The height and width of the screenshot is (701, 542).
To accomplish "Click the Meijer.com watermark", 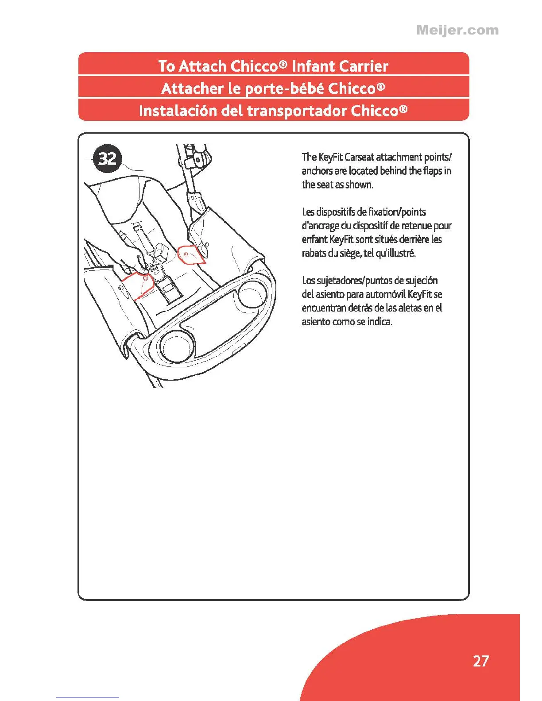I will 457,30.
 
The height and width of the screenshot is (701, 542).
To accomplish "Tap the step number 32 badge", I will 107,158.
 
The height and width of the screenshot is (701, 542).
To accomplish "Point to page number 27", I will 480,661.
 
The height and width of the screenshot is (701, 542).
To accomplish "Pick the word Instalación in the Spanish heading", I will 178,111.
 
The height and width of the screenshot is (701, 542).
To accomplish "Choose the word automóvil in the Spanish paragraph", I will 383,294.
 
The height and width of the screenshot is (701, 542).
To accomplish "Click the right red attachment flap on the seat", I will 191,254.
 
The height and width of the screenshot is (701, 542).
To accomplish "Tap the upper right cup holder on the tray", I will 252,294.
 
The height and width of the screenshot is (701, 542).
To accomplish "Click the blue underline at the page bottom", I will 88,697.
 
